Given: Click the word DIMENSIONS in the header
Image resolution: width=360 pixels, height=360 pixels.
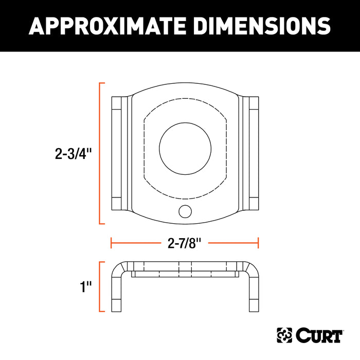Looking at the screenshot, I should tap(257, 25).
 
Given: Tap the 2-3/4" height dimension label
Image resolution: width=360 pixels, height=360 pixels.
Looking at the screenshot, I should tap(74, 153).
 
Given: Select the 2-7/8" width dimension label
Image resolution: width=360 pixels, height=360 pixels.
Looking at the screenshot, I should tap(184, 243).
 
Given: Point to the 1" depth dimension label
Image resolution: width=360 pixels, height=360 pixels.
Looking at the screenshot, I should tap(85, 286).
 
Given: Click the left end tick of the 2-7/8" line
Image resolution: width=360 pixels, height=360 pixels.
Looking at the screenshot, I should tap(112, 243).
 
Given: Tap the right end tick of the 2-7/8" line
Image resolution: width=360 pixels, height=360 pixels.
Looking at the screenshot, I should tap(258, 243).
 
